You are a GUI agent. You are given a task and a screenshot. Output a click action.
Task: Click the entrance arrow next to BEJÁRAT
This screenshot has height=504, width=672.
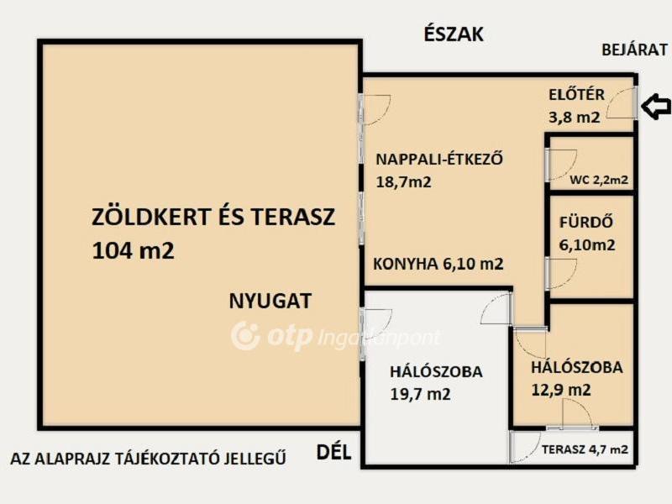click(656, 107)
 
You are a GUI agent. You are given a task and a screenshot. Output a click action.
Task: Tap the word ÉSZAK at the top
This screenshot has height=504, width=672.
click(454, 34)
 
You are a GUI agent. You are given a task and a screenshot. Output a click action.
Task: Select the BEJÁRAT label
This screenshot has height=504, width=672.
click(634, 50)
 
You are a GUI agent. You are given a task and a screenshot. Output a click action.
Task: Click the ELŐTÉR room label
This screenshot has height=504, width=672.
click(576, 94)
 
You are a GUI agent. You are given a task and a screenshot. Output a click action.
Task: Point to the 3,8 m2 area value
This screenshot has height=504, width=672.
click(575, 118)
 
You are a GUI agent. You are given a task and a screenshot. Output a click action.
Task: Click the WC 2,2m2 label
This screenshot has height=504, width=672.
click(599, 179)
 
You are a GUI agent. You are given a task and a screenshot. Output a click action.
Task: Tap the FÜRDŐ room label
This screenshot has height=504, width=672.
click(586, 223)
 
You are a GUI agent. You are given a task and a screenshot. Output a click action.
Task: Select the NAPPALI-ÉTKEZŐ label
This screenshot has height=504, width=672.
click(439, 158)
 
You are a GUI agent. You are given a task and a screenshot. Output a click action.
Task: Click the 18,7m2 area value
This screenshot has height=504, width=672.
click(403, 181)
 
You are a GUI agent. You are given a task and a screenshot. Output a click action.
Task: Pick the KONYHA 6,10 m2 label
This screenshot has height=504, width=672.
click(438, 264)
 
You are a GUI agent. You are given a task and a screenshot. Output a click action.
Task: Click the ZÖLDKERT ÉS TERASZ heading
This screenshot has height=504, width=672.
click(213, 218)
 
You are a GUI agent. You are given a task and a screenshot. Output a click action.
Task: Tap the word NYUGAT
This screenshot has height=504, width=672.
click(270, 301)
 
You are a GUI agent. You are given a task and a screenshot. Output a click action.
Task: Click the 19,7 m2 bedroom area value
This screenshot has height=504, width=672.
click(420, 393)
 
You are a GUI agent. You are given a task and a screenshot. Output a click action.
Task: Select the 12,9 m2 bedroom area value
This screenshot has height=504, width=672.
click(560, 390)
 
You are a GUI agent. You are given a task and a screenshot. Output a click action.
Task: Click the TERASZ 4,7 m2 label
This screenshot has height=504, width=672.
click(585, 450)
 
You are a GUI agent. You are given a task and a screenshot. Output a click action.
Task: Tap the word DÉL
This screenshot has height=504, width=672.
click(332, 454)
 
